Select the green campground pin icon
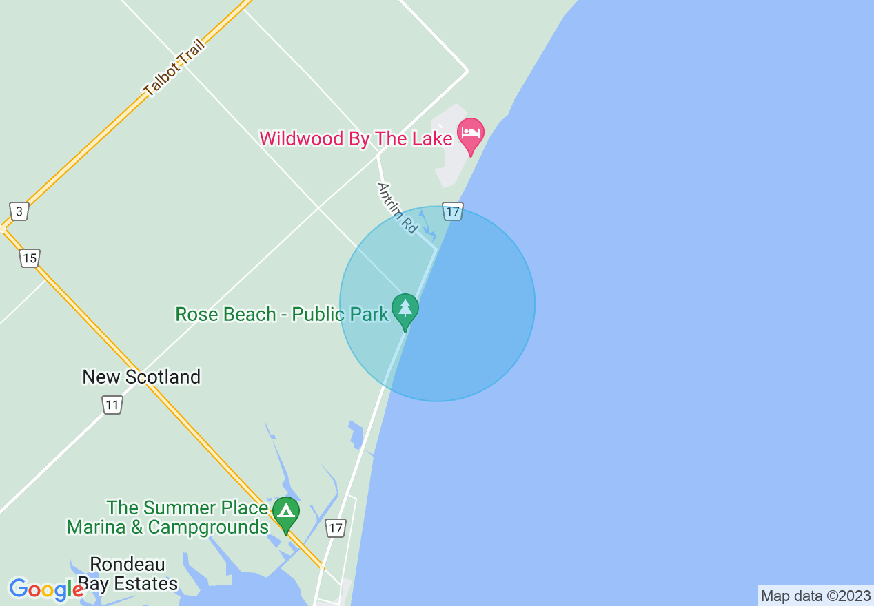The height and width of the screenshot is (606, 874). click(286, 512)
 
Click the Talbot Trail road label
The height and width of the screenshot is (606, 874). click(174, 68)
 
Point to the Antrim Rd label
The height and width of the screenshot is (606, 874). click(398, 207)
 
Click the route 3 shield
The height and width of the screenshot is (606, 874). click(19, 211)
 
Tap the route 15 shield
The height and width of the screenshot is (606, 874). click(29, 258)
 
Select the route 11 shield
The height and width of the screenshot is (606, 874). click(112, 404)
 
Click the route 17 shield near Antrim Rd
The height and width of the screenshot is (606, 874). click(452, 211)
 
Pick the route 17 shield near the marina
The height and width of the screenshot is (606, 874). click(335, 528)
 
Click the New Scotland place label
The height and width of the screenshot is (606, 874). click(141, 377)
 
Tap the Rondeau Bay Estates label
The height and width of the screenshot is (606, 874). click(128, 574)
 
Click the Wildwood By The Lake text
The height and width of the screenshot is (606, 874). click(356, 138)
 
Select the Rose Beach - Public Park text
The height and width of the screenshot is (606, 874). click(281, 315)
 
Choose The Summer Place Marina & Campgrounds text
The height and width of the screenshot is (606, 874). click(167, 518)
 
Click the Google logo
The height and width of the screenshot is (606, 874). click(45, 589)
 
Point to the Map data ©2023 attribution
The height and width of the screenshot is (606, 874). click(815, 596)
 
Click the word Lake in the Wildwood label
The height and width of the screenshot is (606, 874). click(431, 138)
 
